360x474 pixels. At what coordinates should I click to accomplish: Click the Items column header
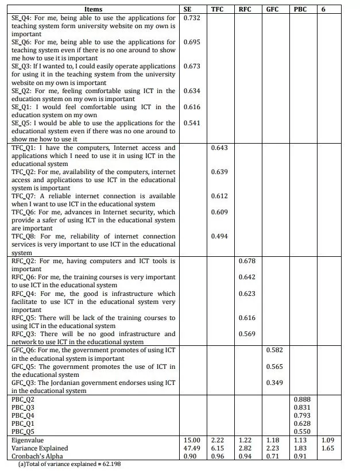(93, 10)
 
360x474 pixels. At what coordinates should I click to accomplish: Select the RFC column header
(245, 10)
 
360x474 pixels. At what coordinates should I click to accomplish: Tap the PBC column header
(299, 10)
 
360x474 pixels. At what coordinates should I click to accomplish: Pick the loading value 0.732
(192, 18)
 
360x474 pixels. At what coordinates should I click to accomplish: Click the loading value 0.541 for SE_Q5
(192, 123)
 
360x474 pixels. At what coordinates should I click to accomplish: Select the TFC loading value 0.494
(219, 236)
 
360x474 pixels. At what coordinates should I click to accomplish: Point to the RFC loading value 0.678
(247, 261)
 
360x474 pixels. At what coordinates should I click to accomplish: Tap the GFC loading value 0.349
(274, 383)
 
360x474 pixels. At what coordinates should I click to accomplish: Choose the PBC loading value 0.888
(302, 399)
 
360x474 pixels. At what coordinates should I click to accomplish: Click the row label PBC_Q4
(23, 415)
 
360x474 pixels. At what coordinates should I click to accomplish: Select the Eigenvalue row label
(27, 440)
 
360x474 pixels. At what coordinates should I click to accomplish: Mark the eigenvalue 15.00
(192, 440)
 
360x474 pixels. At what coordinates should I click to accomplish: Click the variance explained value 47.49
(192, 448)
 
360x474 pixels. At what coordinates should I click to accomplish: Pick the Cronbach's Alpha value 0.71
(273, 456)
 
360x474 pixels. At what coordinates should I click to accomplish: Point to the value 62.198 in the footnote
(109, 464)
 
